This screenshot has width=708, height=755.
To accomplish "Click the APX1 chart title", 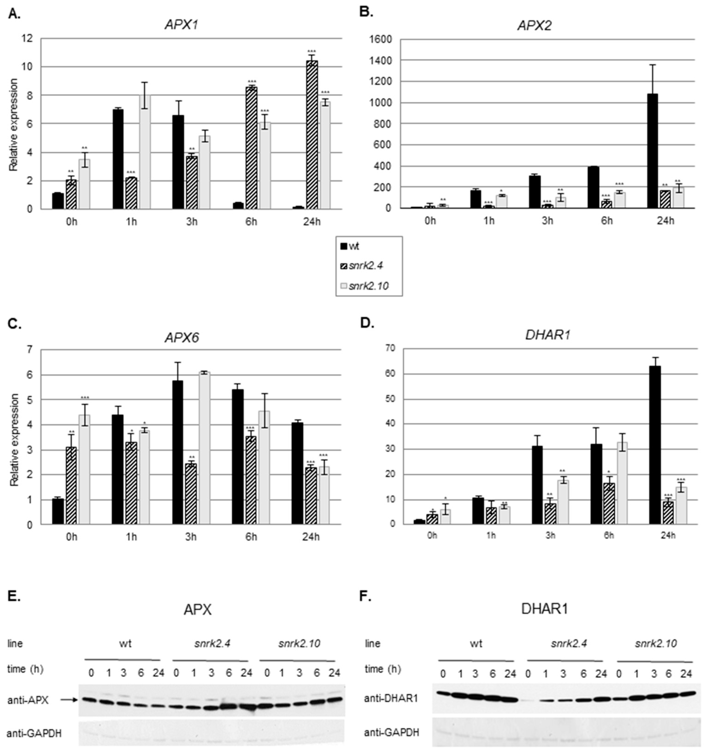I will [181, 25].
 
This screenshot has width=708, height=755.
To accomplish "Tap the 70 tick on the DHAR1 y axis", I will [401, 348].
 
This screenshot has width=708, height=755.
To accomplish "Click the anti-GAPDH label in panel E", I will [34, 733].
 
